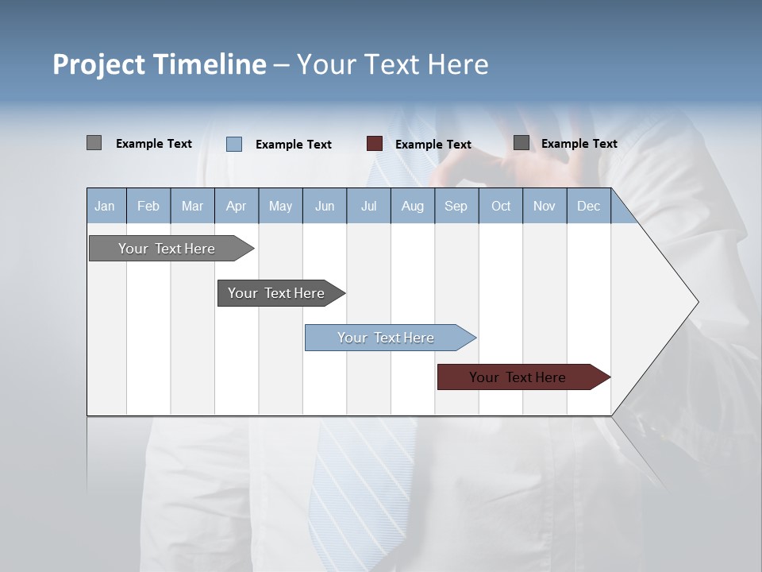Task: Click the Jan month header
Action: coord(105,207)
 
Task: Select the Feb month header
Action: coord(148,207)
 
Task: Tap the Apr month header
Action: coord(236,207)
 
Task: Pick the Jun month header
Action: coord(325,207)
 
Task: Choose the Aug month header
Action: coord(412,207)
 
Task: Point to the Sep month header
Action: coord(456,207)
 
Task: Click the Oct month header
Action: coord(501,207)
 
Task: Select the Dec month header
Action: coord(588,207)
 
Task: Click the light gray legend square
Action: coord(94,143)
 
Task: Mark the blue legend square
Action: coord(234,144)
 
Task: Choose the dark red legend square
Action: coord(375,144)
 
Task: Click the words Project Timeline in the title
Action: coord(159,64)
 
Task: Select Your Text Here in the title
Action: coord(392,64)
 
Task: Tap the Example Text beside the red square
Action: coord(433,145)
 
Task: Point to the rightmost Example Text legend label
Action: coord(579,144)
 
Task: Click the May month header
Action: coord(280,207)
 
